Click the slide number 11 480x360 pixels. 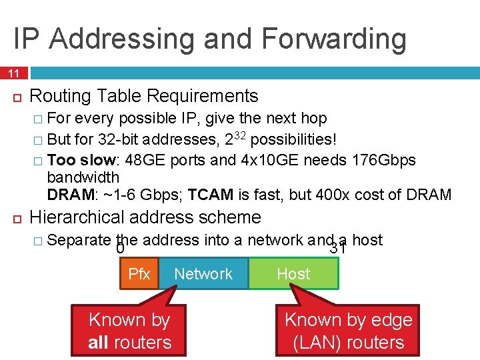[x=13, y=72]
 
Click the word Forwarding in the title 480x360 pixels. [x=334, y=39]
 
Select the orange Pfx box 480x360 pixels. [x=139, y=274]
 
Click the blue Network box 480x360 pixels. [x=203, y=274]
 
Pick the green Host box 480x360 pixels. [x=293, y=274]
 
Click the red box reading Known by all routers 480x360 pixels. [x=130, y=331]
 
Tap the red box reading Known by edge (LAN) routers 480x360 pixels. [x=349, y=331]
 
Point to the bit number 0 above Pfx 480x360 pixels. [x=121, y=249]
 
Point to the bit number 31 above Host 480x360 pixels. [x=338, y=249]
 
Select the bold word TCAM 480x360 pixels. [x=211, y=195]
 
